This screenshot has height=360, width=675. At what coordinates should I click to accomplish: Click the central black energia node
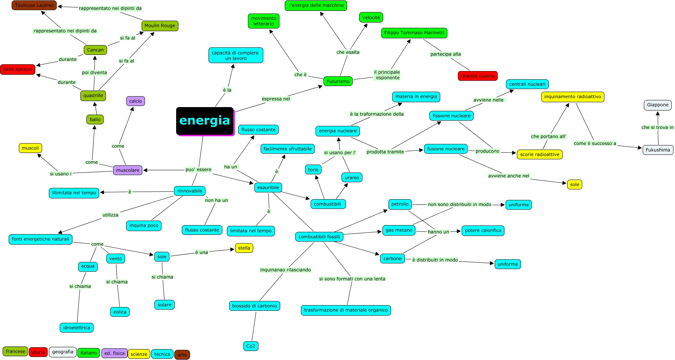(205, 121)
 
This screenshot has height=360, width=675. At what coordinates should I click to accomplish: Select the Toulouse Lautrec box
(34, 5)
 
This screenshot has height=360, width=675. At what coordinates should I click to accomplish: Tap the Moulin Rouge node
(160, 26)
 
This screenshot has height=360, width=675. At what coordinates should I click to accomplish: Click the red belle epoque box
(18, 69)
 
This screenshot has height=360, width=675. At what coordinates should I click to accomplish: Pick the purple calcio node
(135, 101)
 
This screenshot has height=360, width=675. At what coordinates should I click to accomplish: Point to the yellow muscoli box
(30, 148)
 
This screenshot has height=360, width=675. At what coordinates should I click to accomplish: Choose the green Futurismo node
(338, 81)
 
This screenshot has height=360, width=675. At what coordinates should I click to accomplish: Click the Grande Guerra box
(477, 76)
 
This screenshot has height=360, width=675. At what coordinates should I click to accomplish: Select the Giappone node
(657, 105)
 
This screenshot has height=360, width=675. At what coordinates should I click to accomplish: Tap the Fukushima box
(658, 150)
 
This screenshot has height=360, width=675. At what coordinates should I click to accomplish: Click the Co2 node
(251, 346)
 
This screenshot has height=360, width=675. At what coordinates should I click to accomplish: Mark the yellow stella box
(244, 248)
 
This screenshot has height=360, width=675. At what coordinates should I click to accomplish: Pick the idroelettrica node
(77, 328)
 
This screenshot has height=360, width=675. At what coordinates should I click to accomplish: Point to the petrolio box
(400, 204)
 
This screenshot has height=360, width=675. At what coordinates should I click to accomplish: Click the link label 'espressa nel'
(276, 99)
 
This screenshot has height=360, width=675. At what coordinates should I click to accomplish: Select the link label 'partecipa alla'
(445, 54)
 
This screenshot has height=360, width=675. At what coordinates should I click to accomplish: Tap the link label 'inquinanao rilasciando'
(285, 270)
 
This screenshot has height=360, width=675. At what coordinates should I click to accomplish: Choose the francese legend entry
(15, 351)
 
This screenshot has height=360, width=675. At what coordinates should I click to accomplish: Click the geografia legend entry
(63, 352)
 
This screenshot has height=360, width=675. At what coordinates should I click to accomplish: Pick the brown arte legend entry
(182, 355)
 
